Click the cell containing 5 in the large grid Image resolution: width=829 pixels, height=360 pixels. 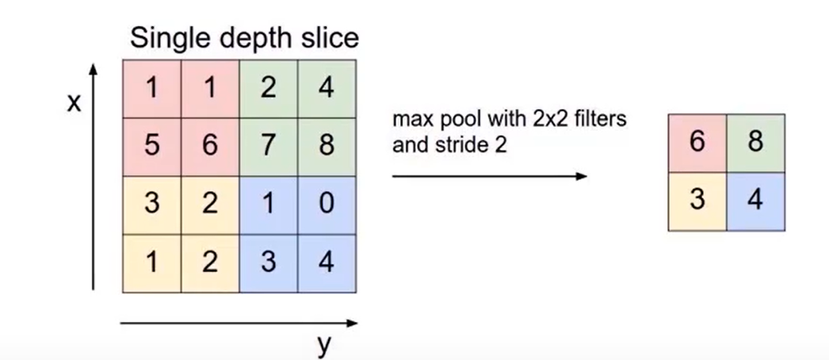coord(151,146)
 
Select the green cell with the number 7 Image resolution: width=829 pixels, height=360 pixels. coord(268,146)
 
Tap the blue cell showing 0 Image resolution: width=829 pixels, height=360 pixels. coord(327,204)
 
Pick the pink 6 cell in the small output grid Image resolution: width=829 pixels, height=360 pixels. coord(697,143)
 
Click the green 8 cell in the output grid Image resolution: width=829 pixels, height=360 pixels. coord(755,143)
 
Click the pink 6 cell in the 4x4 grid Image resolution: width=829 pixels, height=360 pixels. coord(209,146)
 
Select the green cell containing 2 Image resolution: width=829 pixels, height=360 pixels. coord(268,88)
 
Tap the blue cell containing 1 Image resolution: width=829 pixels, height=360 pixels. coord(268,204)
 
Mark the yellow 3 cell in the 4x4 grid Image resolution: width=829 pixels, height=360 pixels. coord(151,204)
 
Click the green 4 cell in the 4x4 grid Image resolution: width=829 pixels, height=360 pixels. coord(327,88)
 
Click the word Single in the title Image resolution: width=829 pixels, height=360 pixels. coord(169,38)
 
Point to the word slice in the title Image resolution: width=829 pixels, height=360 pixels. coord(330,38)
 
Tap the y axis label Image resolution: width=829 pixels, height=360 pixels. coord(323,345)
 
